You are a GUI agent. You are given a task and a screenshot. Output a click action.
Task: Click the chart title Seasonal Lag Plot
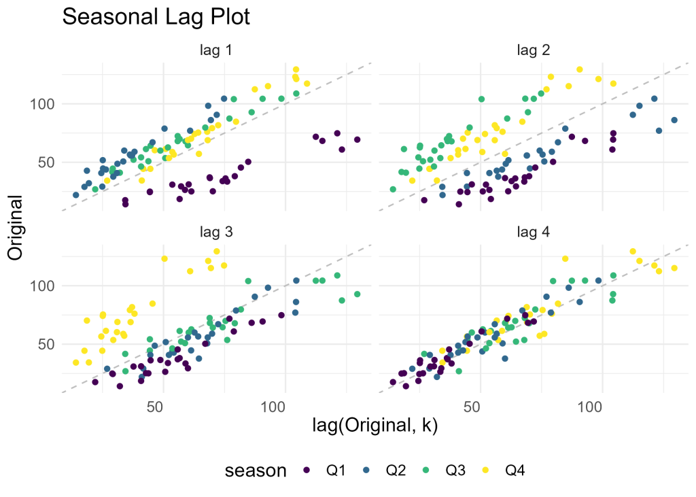pos(156,17)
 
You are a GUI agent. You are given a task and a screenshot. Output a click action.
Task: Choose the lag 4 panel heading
pos(533,232)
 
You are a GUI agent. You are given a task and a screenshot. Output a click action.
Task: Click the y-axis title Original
pos(16,227)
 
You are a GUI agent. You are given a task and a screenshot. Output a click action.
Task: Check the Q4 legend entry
pos(517,470)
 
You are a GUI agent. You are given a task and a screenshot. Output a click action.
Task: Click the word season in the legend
pos(256,470)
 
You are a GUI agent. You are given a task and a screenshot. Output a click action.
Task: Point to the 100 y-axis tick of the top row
pos(42,104)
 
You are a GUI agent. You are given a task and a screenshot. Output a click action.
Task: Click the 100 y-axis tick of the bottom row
pos(42,286)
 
